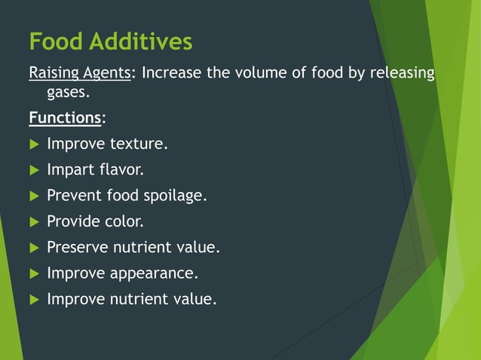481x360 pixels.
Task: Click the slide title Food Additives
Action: [110, 41]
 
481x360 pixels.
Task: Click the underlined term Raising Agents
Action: [79, 74]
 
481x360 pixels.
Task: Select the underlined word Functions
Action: [65, 118]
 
